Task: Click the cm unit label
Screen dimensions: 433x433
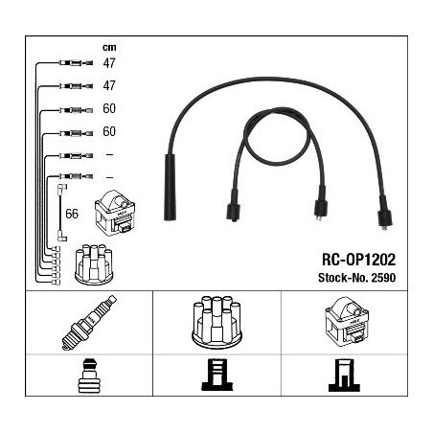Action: point(109,48)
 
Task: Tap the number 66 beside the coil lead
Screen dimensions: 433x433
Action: point(72,214)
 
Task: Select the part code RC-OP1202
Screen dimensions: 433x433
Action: point(358,260)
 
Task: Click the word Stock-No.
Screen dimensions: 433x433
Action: point(343,278)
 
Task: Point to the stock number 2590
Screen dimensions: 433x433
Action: point(383,278)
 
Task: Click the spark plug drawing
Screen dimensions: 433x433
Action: point(89,323)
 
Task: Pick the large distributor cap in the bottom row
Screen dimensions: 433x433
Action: point(216,321)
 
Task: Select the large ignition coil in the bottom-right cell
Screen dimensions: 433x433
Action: point(347,322)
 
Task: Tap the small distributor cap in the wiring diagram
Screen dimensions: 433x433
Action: point(94,264)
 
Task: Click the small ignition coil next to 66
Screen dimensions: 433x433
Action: point(115,213)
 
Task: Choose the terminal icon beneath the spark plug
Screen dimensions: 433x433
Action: point(89,376)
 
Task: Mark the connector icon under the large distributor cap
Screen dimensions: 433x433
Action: point(217,375)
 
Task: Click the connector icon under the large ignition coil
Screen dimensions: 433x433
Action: point(344,376)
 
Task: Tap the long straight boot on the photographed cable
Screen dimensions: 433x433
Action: point(170,188)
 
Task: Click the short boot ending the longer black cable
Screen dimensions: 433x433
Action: point(384,214)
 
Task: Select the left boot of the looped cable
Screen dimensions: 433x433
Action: point(233,206)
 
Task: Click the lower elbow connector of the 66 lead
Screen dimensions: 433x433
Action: point(62,238)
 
